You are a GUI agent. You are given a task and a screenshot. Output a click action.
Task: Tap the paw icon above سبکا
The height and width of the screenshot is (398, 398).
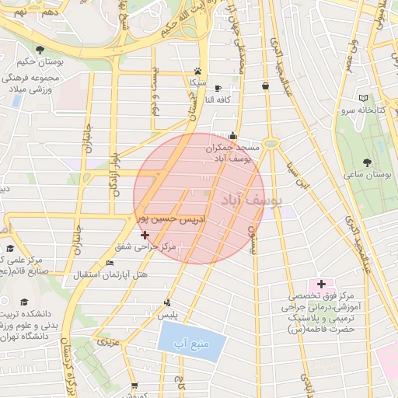pos(198,70)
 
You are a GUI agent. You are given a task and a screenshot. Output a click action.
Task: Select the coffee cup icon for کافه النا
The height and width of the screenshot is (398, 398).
pos(218,88)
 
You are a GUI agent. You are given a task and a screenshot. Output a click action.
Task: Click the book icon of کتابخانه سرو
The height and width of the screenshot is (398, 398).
pos(364,98)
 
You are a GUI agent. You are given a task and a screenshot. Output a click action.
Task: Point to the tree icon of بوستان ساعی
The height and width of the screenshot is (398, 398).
pos(367,162)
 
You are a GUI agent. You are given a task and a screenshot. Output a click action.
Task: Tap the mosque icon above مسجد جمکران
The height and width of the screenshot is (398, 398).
pos(232,134)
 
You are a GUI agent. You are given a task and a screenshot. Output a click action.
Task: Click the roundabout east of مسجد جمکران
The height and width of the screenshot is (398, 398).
pos(271,144)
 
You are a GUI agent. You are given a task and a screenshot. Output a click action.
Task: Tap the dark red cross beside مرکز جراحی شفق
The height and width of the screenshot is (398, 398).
pos(145,234)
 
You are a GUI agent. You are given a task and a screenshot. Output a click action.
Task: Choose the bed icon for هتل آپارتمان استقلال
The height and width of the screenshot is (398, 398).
pos(110,263)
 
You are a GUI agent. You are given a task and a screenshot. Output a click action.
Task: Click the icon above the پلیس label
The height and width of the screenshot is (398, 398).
pos(167,302)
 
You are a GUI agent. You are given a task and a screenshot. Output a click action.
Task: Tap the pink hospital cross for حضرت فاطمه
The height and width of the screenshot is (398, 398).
pos(321,285)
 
